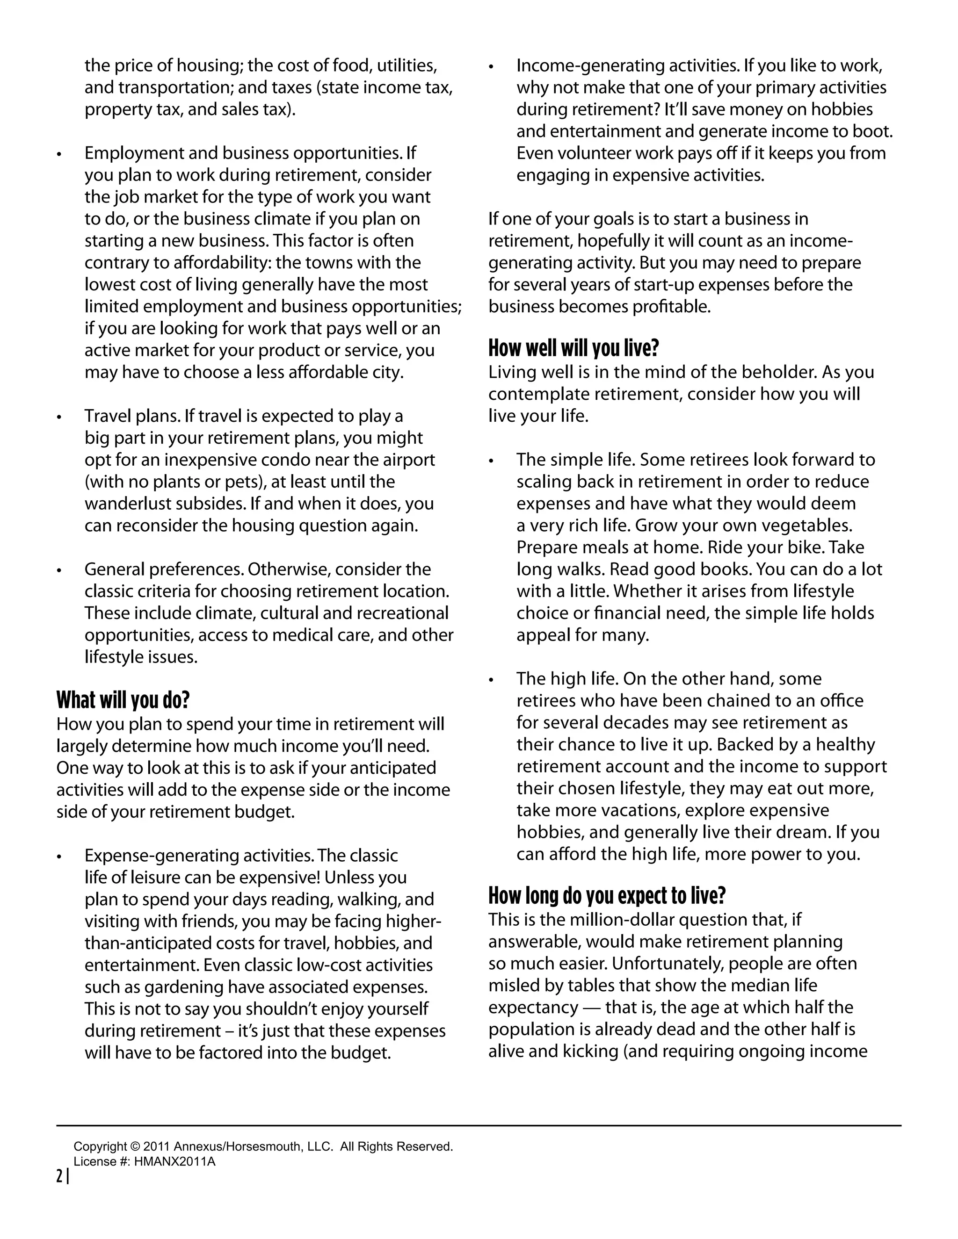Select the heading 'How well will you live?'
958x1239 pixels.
coord(573,348)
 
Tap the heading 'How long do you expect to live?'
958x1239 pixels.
coord(607,895)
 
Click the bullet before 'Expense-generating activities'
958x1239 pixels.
coord(59,857)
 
